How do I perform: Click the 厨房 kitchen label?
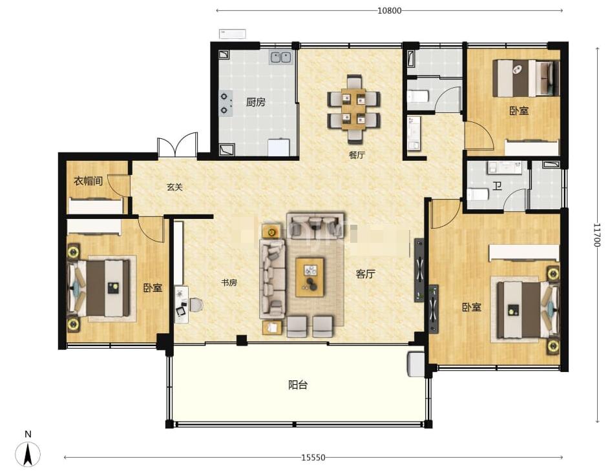click(x=256, y=102)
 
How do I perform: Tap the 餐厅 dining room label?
click(x=357, y=155)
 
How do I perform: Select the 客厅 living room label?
click(x=365, y=274)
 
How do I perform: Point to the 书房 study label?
click(x=229, y=283)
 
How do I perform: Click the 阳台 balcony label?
click(x=298, y=385)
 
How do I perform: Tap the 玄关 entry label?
click(x=174, y=187)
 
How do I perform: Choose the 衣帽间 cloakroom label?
click(x=89, y=181)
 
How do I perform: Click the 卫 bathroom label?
click(x=497, y=186)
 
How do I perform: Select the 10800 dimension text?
click(x=389, y=10)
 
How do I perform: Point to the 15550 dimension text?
click(x=313, y=458)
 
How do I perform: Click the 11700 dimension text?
click(x=597, y=234)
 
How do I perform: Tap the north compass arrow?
click(x=28, y=454)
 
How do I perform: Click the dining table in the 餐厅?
click(x=353, y=109)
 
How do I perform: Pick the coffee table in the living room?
click(x=310, y=277)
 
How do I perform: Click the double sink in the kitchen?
click(x=281, y=57)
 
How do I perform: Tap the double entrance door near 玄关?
click(x=177, y=145)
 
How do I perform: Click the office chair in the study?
click(x=196, y=305)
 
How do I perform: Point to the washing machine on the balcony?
click(x=415, y=364)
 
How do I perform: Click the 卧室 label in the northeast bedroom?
click(x=519, y=111)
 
